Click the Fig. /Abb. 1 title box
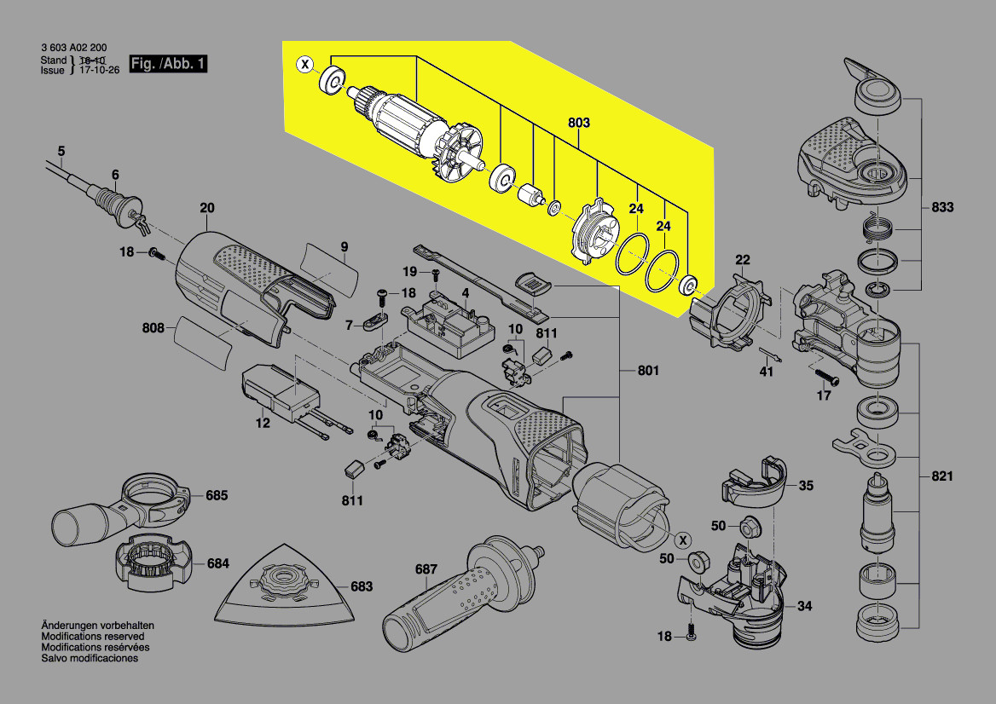(x=168, y=64)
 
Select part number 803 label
(x=578, y=123)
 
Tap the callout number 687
(x=426, y=569)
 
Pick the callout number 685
(x=217, y=494)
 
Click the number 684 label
(x=217, y=563)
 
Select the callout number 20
(x=207, y=208)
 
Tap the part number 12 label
(x=263, y=423)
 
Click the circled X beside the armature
(x=304, y=64)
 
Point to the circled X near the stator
(x=682, y=540)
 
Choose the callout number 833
(x=942, y=207)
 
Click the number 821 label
(x=942, y=476)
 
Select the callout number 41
(x=767, y=372)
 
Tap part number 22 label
(x=743, y=259)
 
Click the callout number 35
(x=805, y=486)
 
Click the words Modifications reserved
(x=92, y=637)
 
